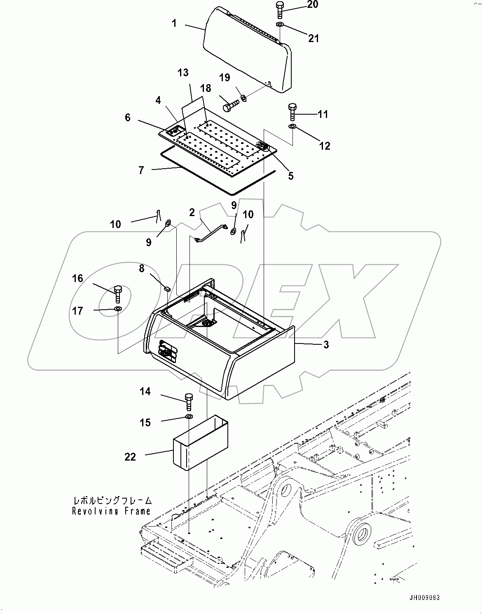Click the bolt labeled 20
[x=279, y=10]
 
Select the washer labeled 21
[x=280, y=26]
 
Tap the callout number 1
[x=174, y=24]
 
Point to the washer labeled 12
[x=292, y=126]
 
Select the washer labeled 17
[x=118, y=309]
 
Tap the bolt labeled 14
[x=189, y=401]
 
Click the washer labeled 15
[x=189, y=418]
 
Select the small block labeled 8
[x=167, y=288]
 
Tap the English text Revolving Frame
[x=111, y=511]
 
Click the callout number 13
[x=183, y=73]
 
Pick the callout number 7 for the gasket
[x=141, y=170]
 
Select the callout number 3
[x=326, y=345]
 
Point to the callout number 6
[x=128, y=118]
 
